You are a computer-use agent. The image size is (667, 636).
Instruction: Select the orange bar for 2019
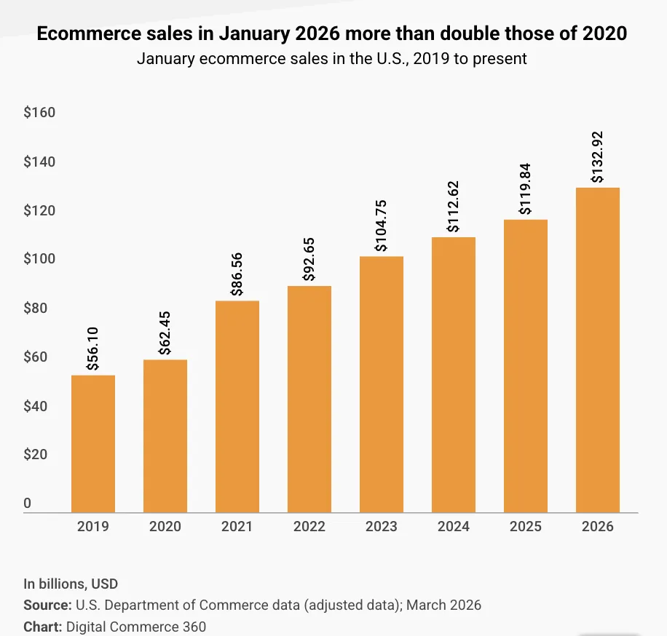(92, 444)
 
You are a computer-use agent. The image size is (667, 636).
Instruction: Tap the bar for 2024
(454, 375)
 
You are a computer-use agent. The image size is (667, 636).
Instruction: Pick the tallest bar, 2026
(598, 350)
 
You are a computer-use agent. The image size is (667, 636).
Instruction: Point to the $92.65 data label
(309, 258)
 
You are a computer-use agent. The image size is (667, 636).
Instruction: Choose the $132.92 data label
(598, 157)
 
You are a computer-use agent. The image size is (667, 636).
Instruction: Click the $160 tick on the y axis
(39, 113)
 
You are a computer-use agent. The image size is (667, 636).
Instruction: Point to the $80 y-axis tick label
(36, 309)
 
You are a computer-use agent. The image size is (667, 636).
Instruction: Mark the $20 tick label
(36, 455)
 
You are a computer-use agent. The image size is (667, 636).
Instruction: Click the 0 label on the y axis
(28, 503)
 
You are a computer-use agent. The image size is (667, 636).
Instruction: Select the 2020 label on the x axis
(165, 527)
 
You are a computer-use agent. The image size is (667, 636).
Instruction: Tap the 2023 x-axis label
(382, 527)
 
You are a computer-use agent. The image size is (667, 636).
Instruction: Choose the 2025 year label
(526, 527)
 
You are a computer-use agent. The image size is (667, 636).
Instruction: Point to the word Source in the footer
(46, 605)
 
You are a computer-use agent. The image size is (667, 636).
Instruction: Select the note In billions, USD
(71, 584)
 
